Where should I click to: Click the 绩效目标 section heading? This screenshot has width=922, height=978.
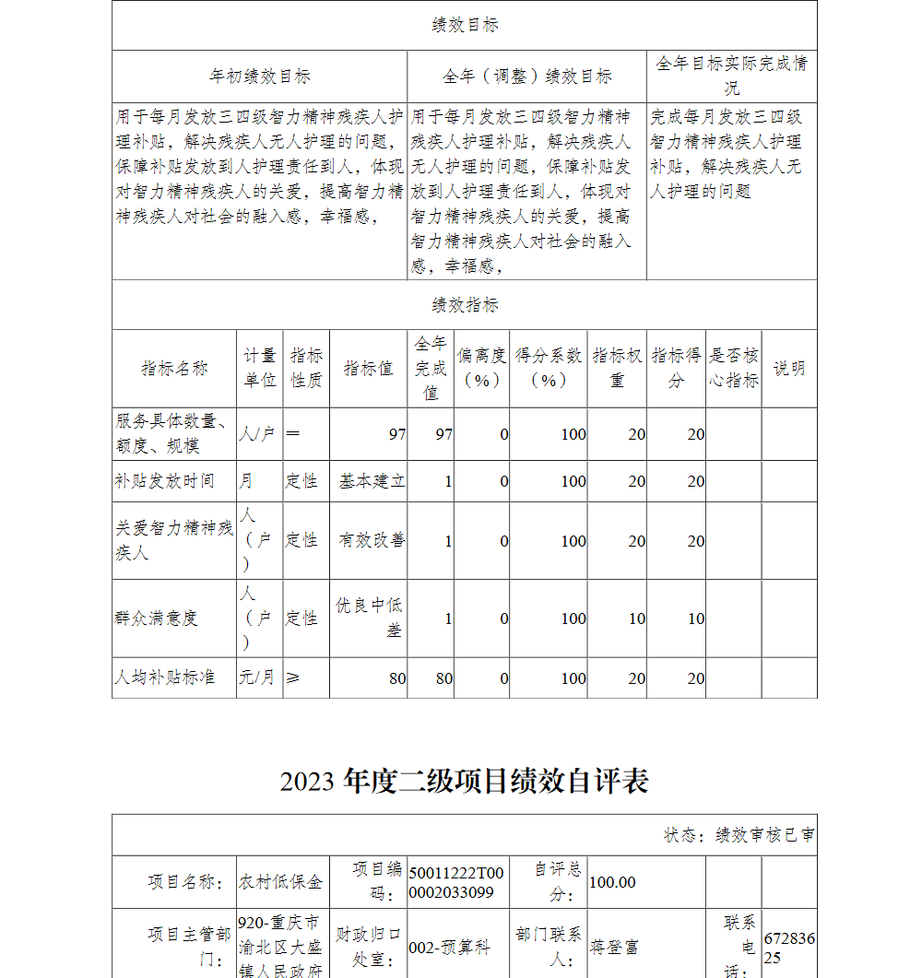465,26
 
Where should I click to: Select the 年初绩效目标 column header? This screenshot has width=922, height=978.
259,77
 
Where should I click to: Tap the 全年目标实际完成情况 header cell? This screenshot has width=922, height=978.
731,76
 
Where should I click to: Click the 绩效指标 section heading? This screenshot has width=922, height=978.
465,305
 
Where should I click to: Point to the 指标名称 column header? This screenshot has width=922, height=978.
174,369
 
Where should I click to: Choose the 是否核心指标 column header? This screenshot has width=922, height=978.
734,369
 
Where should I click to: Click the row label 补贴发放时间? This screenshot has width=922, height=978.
164,481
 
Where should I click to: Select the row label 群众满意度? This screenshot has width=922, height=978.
156,619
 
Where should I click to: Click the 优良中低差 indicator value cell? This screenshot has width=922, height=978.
370,618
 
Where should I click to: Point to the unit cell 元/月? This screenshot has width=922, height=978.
257,678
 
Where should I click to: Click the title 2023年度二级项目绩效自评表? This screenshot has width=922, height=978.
465,781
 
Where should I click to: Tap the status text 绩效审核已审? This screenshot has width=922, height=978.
739,835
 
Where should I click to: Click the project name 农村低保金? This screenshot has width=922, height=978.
280,882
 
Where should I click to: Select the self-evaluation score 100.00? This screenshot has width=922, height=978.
612,882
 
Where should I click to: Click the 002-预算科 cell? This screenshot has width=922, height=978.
449,947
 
